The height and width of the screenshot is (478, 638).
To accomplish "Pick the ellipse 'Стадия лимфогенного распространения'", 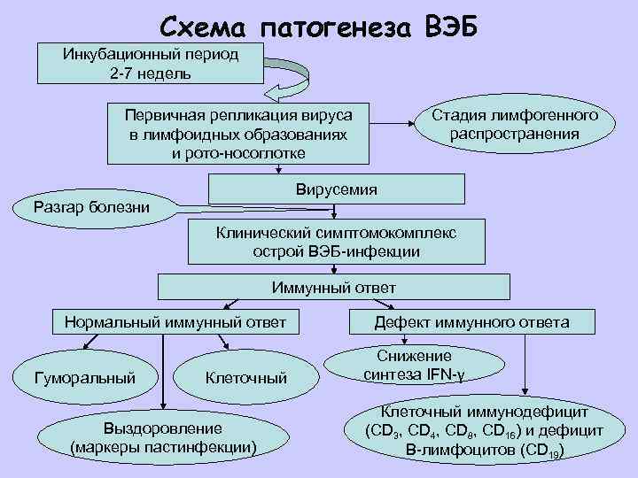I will pos(514,125).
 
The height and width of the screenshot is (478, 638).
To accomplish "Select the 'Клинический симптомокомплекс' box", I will pos(336,242).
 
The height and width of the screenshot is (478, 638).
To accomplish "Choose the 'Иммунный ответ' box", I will pos(333,288).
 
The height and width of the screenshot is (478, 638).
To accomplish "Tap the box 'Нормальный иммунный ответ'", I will pos(175,322).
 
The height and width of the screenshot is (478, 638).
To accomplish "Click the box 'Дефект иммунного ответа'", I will pos(471,322).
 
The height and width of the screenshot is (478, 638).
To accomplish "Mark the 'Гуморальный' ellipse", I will pos(84,377).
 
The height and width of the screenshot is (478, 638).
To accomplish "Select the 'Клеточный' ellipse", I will pos(245,378).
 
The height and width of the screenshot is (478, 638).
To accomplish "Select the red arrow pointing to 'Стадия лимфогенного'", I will pos(401,124).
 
